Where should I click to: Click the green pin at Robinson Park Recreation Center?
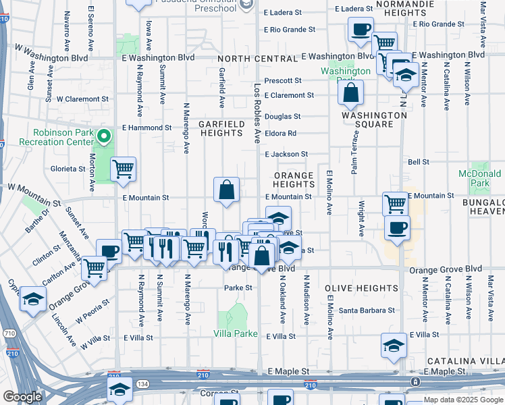103,138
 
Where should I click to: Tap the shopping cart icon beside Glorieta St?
123,169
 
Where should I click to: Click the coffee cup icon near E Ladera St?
361,30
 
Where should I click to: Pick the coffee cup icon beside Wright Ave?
397,227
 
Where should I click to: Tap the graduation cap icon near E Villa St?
394,346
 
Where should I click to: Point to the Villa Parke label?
236,333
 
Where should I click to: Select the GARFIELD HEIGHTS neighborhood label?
221,128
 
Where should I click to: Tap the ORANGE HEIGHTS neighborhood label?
294,180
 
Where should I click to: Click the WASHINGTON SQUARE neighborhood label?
374,119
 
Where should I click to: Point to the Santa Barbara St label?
367,310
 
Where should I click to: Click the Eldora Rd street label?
280,134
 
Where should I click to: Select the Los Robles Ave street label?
257,113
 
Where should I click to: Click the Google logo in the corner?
23,397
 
